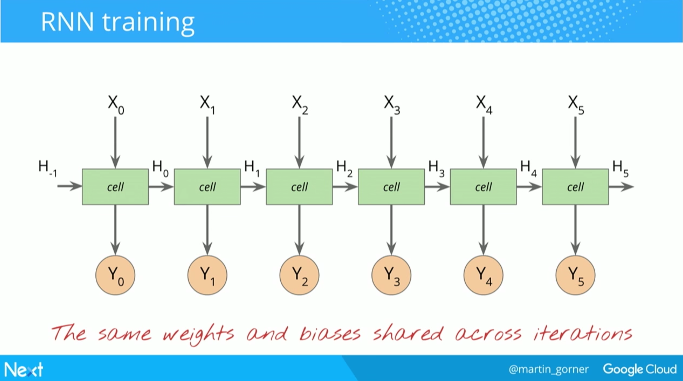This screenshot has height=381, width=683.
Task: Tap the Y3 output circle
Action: [391, 275]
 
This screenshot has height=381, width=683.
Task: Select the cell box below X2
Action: [299, 187]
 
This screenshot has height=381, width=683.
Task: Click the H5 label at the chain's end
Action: [620, 169]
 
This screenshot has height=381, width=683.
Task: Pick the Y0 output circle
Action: [115, 275]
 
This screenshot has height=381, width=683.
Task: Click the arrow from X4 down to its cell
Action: [483, 143]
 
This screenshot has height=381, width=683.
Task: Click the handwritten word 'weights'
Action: [199, 334]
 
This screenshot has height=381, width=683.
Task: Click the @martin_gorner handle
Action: [549, 369]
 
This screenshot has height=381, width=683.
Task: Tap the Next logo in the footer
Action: [23, 369]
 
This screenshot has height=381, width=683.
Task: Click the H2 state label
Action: [344, 169]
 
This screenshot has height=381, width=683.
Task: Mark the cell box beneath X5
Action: [575, 187]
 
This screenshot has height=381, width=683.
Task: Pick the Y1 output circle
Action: [207, 275]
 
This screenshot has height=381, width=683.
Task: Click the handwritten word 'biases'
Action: [330, 333]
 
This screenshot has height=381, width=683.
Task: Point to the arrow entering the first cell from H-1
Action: [70, 186]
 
